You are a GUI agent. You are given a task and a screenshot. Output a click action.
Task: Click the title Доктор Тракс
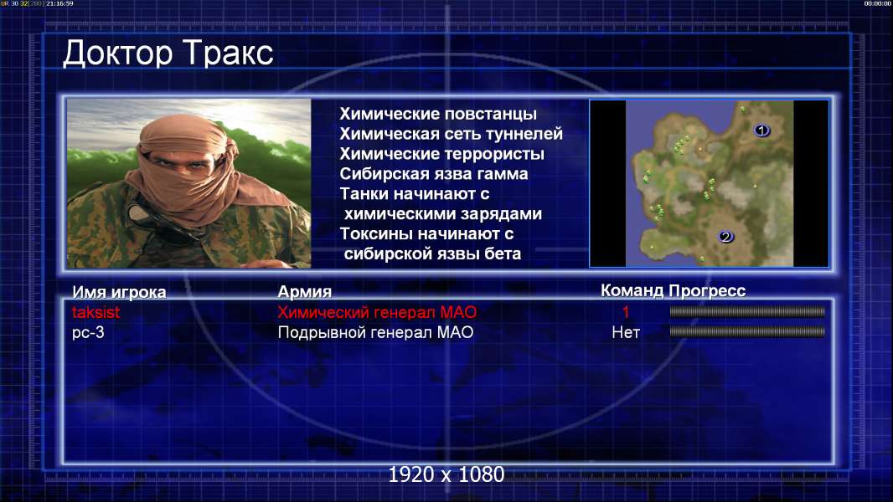tap(168, 54)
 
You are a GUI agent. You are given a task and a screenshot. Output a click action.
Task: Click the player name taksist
tap(95, 312)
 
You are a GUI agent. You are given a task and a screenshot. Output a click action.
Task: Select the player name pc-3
tap(88, 333)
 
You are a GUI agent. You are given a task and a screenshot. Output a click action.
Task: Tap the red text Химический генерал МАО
tap(377, 312)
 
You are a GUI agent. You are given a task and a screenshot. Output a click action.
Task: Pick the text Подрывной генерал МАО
tap(375, 333)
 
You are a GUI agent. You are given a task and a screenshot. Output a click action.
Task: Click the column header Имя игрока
tap(119, 292)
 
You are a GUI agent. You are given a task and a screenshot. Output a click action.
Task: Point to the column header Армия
tap(305, 292)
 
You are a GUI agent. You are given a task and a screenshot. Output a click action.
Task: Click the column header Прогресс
tap(707, 291)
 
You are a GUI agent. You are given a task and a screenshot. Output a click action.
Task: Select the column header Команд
tap(632, 291)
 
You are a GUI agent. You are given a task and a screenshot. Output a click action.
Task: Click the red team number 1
tap(626, 312)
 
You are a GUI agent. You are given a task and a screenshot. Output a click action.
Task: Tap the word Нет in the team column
tap(626, 333)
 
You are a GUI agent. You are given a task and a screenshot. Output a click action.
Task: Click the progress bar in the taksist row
tap(747, 311)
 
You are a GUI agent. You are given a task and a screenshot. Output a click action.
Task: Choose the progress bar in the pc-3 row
tap(747, 331)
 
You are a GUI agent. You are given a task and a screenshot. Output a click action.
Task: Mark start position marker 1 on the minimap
tap(761, 131)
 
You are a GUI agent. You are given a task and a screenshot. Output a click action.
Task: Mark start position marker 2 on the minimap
tap(725, 237)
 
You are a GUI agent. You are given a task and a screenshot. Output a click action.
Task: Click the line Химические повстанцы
tap(438, 115)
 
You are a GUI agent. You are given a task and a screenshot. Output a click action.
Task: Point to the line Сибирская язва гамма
tap(434, 174)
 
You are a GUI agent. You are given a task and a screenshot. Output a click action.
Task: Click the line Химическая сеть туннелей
tap(451, 134)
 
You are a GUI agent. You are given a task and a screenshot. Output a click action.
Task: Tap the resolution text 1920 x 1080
tap(446, 474)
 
